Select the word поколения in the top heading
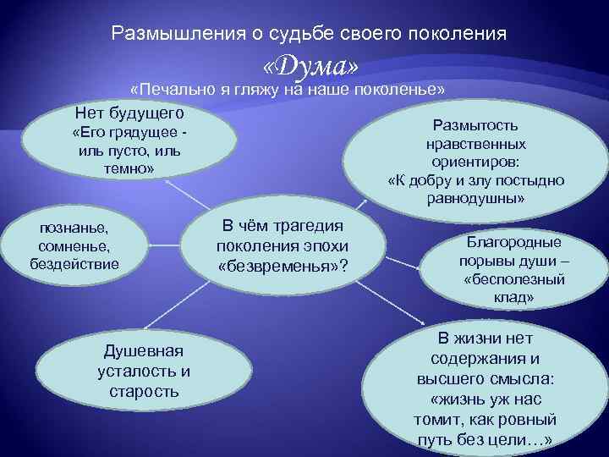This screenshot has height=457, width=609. tap(457, 35)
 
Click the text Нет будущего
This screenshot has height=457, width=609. tap(129, 113)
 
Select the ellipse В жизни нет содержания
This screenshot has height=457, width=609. tap(485, 388)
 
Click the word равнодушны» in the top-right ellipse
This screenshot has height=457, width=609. tap(476, 199)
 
